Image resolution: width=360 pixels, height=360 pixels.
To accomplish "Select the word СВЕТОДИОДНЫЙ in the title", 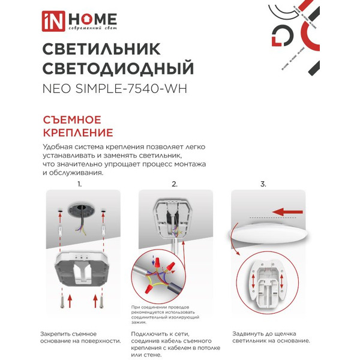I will (119, 68).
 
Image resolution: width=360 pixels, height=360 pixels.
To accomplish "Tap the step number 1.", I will (79, 184).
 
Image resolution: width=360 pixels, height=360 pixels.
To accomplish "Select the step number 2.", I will (175, 184).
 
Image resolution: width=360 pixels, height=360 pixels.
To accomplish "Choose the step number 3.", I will (263, 184).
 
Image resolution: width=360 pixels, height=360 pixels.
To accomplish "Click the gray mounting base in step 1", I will (81, 267).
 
